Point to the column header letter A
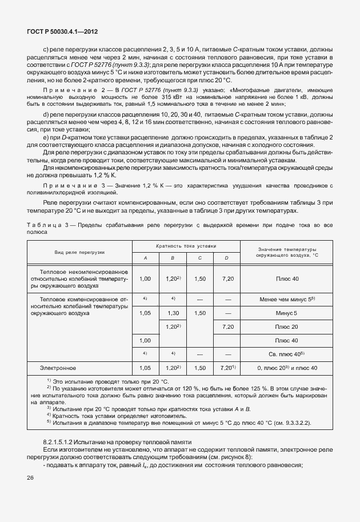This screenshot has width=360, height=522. click(x=145, y=258)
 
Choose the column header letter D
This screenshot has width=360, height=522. click(x=227, y=258)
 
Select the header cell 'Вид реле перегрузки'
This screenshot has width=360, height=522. click(x=80, y=252)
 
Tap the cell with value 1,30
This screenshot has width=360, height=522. click(x=173, y=313)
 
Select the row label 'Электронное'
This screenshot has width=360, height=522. click(x=58, y=368)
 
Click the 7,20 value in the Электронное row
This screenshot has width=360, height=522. click(x=227, y=368)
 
